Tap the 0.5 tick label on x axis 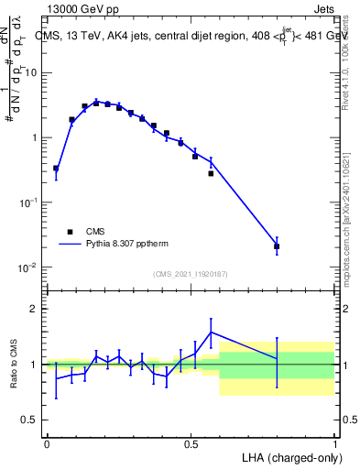pyautogui.click(x=191, y=442)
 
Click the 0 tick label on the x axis pyautogui.click(x=47, y=442)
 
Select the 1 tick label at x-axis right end pyautogui.click(x=334, y=442)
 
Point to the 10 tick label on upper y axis pyautogui.click(x=33, y=72)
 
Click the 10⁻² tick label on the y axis pyautogui.click(x=29, y=267)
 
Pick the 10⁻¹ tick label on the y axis pyautogui.click(x=29, y=202)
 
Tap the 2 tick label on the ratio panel pyautogui.click(x=35, y=309)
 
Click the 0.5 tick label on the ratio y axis pyautogui.click(x=30, y=420)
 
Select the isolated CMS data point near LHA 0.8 pyautogui.click(x=277, y=246)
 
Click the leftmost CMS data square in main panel pyautogui.click(x=56, y=169)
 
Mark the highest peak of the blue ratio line pyautogui.click(x=211, y=333)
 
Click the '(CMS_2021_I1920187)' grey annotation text pyautogui.click(x=190, y=273)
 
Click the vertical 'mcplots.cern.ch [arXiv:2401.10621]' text pyautogui.click(x=346, y=210)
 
